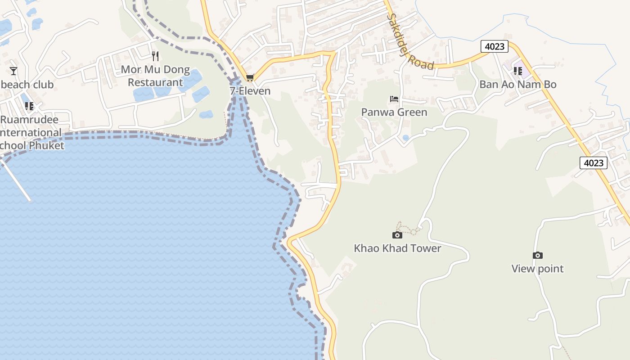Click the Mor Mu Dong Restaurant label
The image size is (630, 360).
155,76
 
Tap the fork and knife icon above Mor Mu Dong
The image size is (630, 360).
155,56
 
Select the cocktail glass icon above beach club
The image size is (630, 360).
13,71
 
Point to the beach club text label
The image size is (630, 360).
27,85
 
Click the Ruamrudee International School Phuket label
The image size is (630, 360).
31,133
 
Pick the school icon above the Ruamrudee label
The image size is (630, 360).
29,106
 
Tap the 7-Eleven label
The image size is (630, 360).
250,91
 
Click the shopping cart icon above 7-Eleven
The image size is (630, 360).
250,78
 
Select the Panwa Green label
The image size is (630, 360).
394,112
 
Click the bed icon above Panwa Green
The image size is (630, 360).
394,99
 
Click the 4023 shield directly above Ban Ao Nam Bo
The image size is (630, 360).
495,46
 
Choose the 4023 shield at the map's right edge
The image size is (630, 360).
593,163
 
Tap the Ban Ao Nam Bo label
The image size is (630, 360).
517,85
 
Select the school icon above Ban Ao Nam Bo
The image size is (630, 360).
518,71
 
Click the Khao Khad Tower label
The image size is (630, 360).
397,248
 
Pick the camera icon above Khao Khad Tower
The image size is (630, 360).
397,235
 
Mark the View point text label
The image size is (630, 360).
537,269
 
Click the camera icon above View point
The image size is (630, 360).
537,256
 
